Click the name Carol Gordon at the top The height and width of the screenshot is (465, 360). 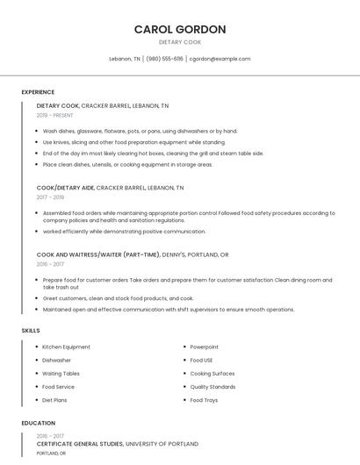180,29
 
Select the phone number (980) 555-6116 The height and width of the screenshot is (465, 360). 164,59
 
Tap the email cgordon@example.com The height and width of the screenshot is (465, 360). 220,59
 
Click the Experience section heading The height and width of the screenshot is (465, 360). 38,92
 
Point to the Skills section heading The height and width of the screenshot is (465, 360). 31,330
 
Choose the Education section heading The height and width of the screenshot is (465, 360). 38,423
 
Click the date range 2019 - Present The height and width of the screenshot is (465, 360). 55,115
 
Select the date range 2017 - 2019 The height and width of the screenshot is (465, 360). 50,197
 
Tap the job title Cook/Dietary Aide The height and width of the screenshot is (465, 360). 65,188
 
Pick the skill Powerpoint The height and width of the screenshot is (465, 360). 205,347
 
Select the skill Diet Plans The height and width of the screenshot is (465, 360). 54,400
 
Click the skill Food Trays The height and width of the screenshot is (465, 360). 204,400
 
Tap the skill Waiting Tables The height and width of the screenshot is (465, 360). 61,374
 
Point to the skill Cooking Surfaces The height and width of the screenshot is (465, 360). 212,374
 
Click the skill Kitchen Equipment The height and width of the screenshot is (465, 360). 66,347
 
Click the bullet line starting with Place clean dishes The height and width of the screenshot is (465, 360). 127,164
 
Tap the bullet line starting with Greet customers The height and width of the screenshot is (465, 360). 119,298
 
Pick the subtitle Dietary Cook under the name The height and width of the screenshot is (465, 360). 180,42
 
